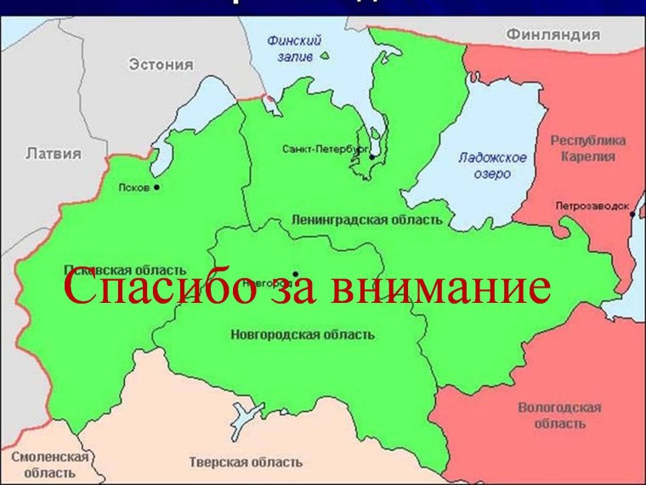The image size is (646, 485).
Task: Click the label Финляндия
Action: coord(553,35)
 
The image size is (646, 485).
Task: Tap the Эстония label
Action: coord(161,64)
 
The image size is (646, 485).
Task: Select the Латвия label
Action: coord(54,154)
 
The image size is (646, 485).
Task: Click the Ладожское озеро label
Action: coord(492,166)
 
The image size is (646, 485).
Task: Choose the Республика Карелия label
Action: coord(588,148)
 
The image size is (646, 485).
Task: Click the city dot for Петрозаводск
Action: coord(632,214)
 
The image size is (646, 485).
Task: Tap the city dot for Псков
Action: coord(156,187)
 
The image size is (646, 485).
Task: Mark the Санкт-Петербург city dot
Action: coord(371,156)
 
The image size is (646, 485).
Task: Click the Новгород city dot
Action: coord(295,273)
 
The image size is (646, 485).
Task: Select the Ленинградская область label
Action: coord(366,220)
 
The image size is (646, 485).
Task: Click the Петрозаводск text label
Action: coord(592,206)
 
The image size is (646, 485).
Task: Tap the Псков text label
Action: coord(135,186)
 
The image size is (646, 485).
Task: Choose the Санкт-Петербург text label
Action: coord(323,149)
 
